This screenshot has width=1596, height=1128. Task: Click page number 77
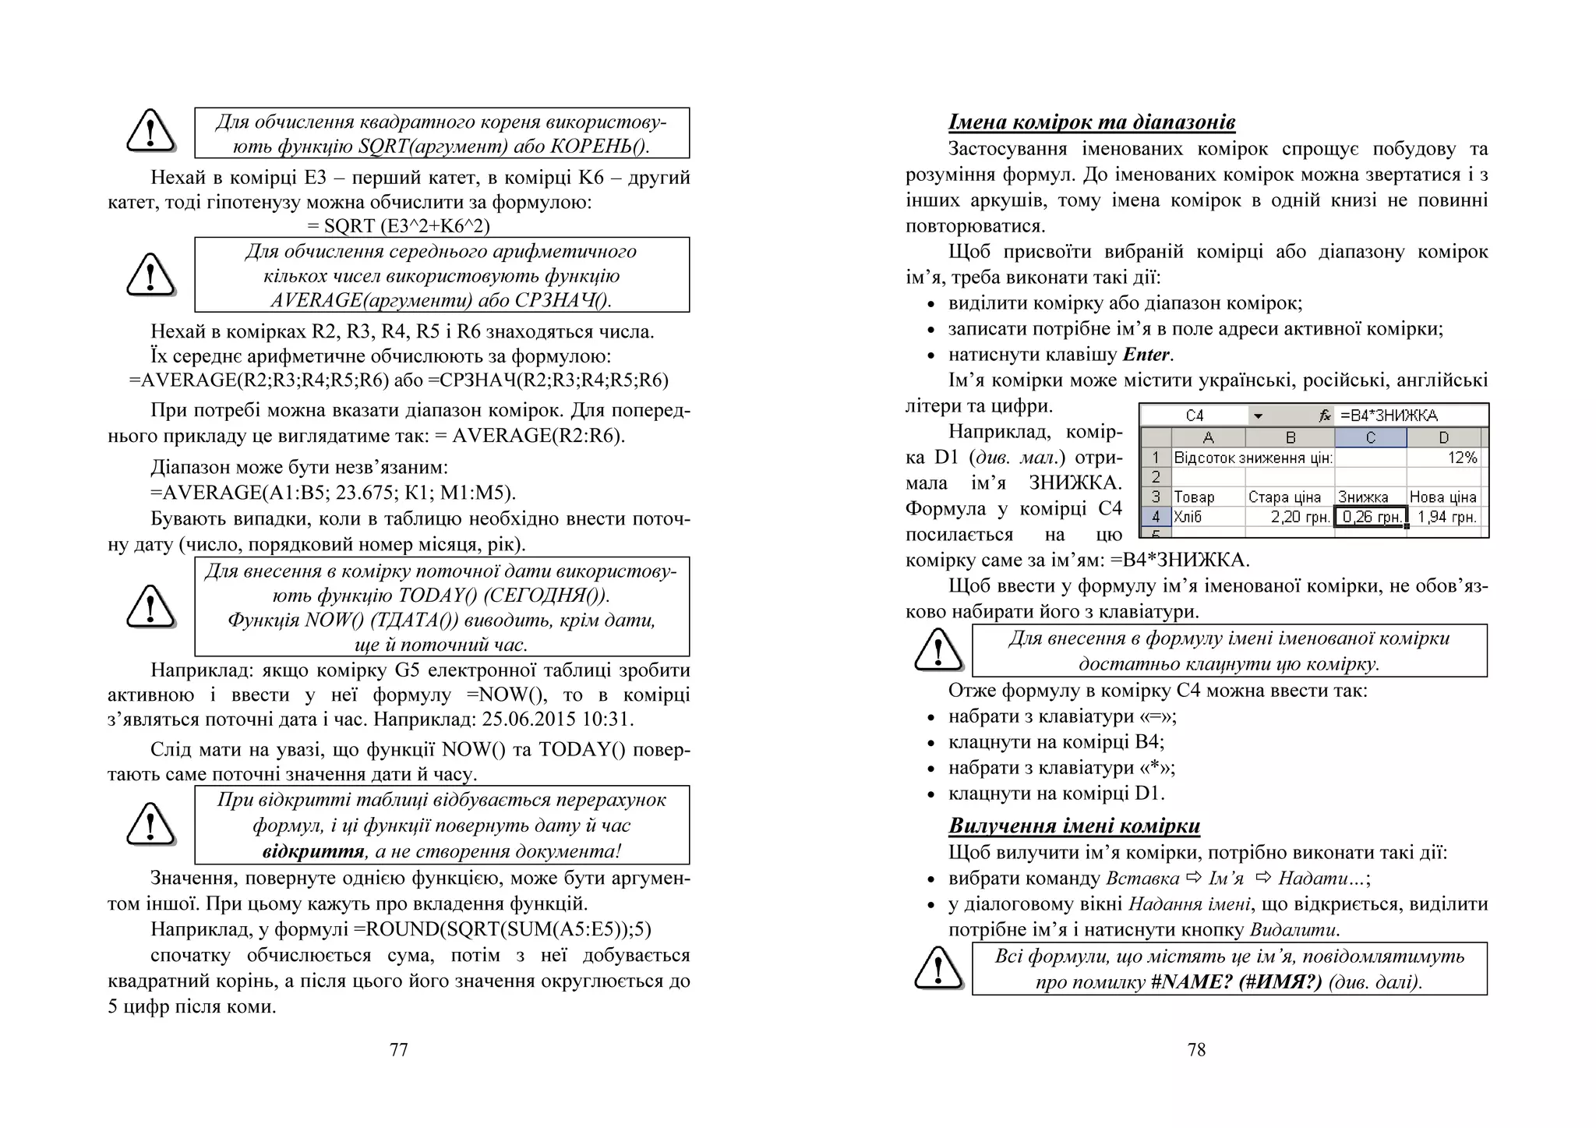point(398,1050)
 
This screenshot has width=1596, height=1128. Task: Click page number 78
point(1196,1050)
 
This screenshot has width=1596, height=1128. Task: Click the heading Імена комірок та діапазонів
point(1091,122)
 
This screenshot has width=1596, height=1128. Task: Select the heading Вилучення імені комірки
point(1074,826)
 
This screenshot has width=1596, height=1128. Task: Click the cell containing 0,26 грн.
point(1371,517)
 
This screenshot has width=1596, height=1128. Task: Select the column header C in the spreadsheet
point(1370,438)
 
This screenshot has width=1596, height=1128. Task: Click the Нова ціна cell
point(1443,497)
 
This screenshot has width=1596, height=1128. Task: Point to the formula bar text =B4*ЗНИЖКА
point(1389,415)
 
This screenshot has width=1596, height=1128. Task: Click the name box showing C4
point(1194,415)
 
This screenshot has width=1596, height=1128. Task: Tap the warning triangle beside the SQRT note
point(150,131)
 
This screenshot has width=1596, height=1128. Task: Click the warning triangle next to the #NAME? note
point(938,968)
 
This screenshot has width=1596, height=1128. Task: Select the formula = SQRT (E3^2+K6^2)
point(398,226)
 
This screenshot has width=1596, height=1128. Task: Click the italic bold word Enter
point(1146,355)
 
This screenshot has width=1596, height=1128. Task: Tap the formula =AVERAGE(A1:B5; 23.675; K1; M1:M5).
point(333,493)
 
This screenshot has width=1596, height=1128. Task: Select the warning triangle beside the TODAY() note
point(150,606)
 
